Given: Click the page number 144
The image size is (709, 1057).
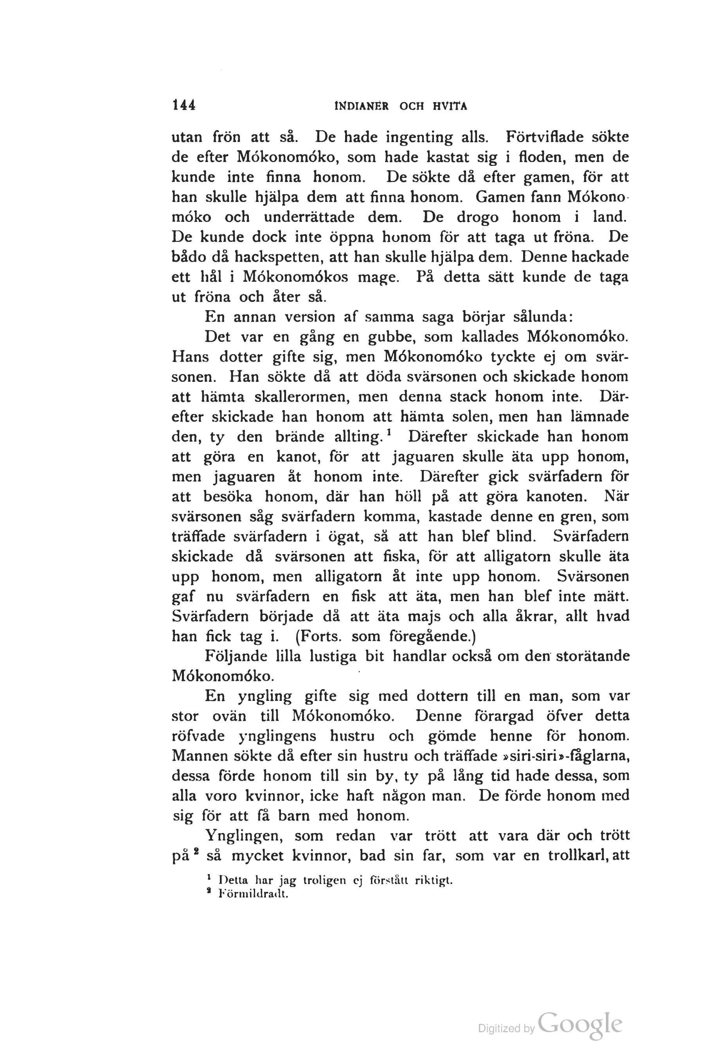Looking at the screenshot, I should tap(183, 105).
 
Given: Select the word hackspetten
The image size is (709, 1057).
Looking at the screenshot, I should tap(278, 257).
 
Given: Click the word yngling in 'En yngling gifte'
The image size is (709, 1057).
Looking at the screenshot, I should tap(265, 697).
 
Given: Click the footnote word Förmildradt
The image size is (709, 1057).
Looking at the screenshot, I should tap(253, 894).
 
